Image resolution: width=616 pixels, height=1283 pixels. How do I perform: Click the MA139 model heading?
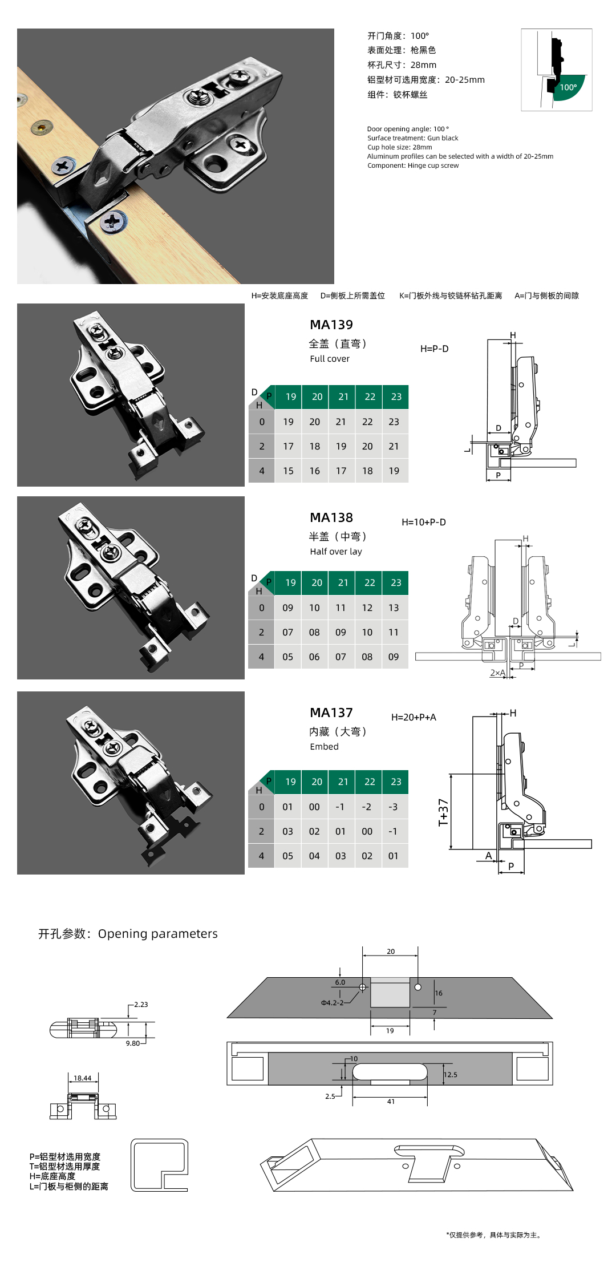pos(331,325)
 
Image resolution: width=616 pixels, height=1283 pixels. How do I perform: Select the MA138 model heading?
pos(331,517)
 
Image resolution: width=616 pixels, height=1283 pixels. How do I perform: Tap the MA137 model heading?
pos(331,713)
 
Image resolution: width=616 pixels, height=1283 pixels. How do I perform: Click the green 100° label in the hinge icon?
pos(568,87)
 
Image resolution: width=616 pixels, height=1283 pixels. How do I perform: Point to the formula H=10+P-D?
pos(423,522)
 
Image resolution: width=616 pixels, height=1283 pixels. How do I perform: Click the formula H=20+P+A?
pos(414,717)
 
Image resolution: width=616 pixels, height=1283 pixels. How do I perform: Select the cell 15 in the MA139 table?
pos(288,471)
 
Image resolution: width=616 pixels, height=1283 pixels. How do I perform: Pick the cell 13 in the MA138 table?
pos(394,608)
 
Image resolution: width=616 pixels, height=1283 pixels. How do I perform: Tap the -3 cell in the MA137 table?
pos(393,807)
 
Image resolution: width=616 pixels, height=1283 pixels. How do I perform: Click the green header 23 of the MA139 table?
pos(396,396)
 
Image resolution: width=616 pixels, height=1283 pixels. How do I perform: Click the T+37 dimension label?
pos(443,812)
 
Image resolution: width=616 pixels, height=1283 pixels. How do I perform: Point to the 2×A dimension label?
pos(497,673)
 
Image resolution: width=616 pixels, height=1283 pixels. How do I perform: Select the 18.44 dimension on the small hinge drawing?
pos(82,1078)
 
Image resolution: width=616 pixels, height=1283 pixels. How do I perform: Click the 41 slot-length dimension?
pos(391,1102)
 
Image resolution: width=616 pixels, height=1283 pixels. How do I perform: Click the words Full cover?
pos(330,359)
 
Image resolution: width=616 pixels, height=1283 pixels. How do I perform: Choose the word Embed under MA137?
pos(324,747)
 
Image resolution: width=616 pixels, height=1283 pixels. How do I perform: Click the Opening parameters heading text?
pos(157,934)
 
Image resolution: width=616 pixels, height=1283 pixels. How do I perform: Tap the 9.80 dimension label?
pos(132,1043)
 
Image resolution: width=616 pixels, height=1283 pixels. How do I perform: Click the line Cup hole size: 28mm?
pos(399,147)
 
